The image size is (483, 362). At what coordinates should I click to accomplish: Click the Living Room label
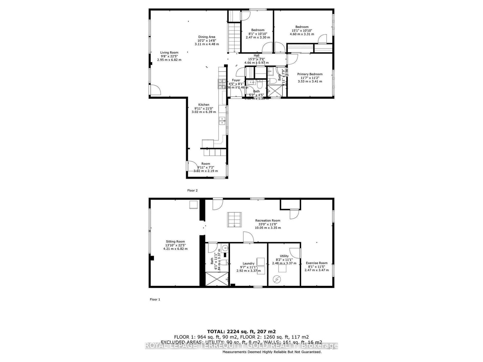169,52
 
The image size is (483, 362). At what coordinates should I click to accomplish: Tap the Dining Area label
207,37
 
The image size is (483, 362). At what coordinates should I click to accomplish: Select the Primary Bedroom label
310,74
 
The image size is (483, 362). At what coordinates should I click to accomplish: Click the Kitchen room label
204,105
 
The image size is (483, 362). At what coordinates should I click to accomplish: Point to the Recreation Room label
268,220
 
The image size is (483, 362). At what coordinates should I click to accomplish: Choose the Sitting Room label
175,241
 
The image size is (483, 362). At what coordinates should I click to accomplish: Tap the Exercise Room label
317,263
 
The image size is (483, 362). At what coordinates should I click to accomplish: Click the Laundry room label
248,263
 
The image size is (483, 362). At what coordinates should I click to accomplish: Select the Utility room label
284,256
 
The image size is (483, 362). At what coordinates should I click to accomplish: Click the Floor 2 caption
193,190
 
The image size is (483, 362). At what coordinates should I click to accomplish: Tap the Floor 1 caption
155,299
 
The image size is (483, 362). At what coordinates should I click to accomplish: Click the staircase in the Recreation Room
234,219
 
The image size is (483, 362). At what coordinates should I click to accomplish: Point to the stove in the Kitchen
222,84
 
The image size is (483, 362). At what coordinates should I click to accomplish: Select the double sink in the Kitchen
222,121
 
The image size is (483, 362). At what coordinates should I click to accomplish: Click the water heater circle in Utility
277,279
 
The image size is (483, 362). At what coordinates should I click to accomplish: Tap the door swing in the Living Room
156,90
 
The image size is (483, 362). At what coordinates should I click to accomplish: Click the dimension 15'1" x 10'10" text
302,31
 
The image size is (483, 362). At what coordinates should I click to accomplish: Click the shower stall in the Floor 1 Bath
217,279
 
